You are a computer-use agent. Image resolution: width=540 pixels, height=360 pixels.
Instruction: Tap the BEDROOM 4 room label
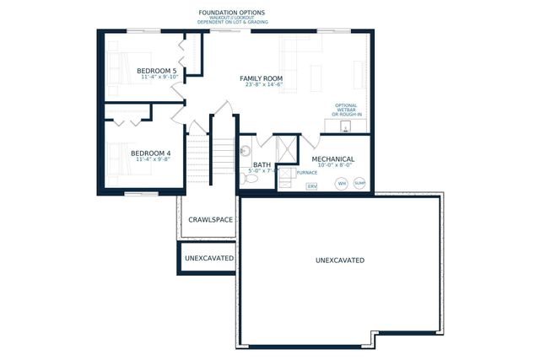coord(153,153)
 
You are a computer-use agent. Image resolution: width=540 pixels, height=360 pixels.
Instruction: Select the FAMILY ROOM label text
coord(261,78)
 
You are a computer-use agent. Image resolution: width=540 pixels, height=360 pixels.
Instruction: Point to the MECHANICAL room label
coord(332,159)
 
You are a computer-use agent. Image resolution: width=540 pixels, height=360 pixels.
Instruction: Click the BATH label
coord(262,165)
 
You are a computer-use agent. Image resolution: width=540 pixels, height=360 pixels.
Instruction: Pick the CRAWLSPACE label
coord(210,219)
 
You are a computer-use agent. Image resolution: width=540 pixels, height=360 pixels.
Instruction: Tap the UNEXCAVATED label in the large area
coord(340,261)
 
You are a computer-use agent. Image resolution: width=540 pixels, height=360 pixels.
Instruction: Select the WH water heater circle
coord(342,183)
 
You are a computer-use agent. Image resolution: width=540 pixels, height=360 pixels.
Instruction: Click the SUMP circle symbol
coord(360,183)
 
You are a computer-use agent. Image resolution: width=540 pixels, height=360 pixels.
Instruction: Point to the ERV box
coord(311,185)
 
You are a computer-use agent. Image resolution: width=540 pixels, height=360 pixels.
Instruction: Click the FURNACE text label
coord(306,172)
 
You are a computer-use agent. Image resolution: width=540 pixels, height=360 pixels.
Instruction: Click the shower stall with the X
coord(288,148)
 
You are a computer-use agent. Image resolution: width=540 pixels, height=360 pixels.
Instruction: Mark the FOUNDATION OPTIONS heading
coord(231,13)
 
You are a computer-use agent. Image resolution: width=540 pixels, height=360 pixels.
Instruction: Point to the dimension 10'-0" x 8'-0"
coord(332,166)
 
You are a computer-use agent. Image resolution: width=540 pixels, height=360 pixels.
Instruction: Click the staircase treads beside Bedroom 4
coord(221,157)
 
